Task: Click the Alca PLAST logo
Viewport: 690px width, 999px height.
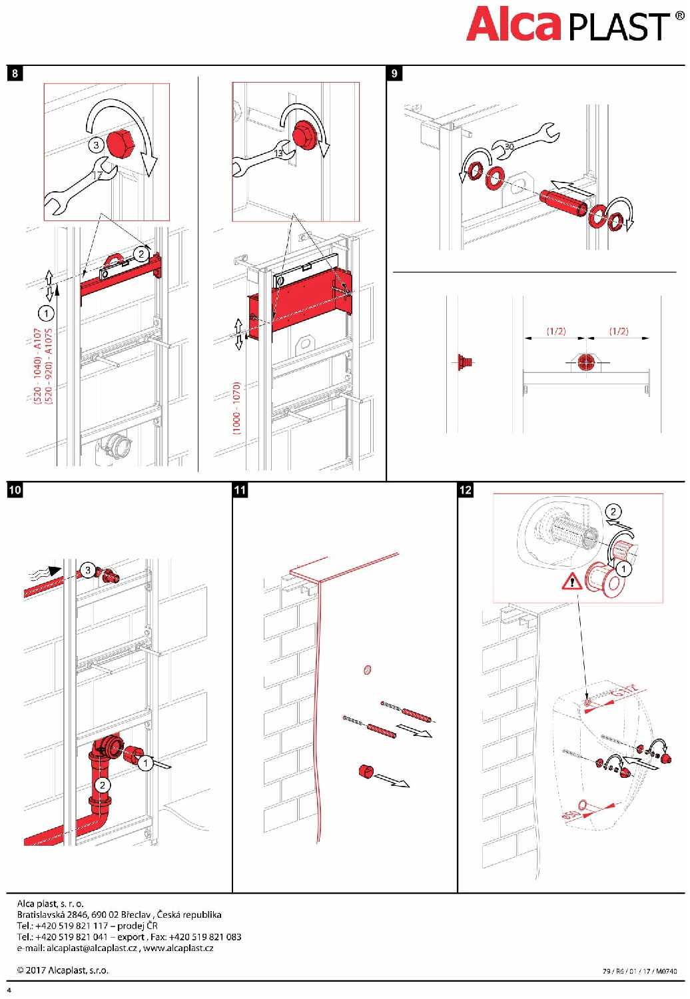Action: pos(575,25)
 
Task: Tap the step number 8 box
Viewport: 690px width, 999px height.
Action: pos(15,73)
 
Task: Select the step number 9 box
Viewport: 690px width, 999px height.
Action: pos(394,73)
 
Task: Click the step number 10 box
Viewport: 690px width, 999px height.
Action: pos(15,490)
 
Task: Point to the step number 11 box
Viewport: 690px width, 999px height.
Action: pos(240,490)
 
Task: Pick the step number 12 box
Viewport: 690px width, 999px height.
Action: pos(465,490)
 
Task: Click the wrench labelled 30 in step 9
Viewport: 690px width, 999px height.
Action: pos(525,142)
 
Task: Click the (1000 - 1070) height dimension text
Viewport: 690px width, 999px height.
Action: pos(236,408)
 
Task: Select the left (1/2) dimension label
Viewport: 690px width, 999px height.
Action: pos(555,331)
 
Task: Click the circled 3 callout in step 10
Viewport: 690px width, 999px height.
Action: pos(88,570)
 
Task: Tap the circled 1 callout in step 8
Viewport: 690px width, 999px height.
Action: pos(47,313)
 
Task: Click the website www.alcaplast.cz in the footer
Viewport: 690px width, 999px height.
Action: pos(178,948)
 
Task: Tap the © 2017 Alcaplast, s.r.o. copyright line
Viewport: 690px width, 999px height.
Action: pos(63,970)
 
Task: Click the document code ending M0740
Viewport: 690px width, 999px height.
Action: pos(639,971)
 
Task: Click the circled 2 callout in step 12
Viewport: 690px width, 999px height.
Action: pos(613,511)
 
